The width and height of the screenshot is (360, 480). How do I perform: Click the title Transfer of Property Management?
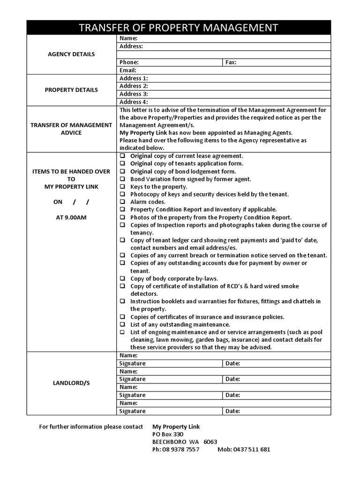179,28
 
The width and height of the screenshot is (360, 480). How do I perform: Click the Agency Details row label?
71,54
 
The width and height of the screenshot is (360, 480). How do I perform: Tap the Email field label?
127,70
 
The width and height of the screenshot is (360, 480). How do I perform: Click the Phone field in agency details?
169,62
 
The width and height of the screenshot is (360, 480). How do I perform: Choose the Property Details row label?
71,90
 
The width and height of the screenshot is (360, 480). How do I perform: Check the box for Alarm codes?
122,202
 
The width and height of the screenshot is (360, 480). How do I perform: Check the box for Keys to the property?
122,187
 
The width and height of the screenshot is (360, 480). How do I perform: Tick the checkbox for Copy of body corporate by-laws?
122,278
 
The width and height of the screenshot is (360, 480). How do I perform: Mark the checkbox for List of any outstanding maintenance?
122,325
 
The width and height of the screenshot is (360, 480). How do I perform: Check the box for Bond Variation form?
122,179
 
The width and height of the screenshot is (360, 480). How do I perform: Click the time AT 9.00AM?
71,217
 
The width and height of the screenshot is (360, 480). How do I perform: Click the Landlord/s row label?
71,383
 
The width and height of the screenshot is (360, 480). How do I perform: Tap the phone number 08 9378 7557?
176,450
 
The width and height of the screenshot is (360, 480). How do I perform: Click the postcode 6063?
210,442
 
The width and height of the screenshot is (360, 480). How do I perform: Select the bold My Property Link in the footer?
176,427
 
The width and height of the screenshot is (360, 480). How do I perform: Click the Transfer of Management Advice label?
71,129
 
